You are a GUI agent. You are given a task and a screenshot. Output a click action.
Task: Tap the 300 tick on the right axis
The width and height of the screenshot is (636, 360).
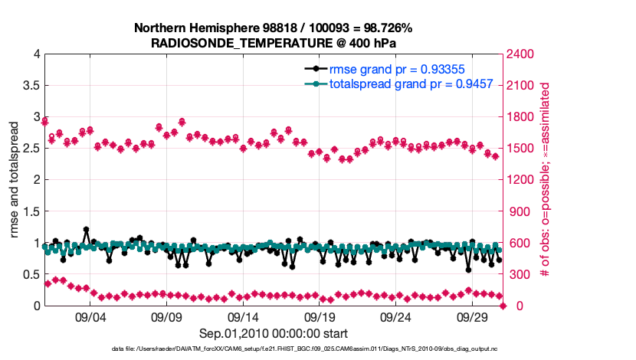tap(517, 275)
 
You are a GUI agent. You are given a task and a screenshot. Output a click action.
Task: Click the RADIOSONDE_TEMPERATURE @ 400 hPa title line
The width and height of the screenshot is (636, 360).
tap(274, 43)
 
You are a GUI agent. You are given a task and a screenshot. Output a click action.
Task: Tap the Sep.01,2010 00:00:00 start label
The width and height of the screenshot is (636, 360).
tap(274, 333)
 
